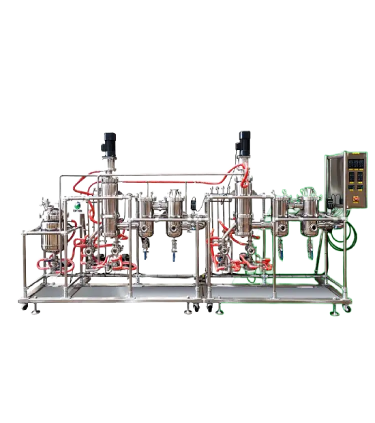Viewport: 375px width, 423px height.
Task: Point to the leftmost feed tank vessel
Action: click(x=49, y=235)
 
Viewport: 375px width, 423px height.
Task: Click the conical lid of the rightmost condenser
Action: click(x=310, y=194)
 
